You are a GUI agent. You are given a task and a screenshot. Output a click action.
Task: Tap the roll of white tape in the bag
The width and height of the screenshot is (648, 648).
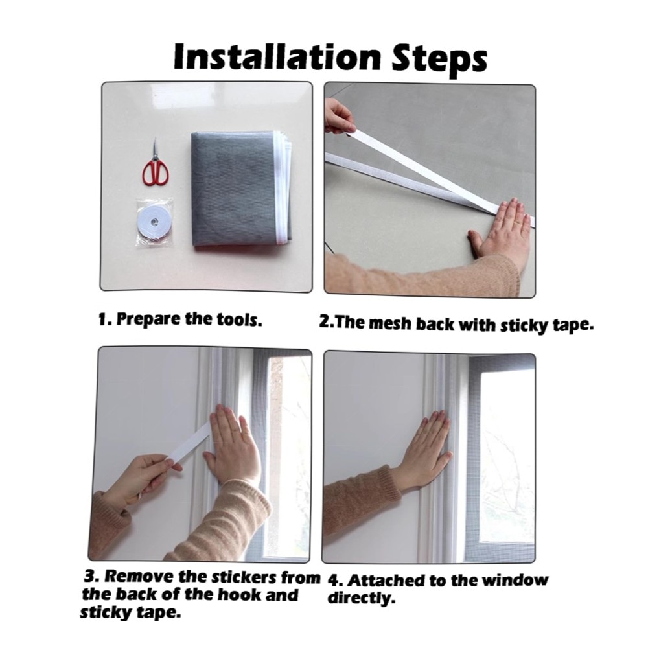click(154, 223)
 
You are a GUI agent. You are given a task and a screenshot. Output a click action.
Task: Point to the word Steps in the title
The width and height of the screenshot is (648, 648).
click(439, 59)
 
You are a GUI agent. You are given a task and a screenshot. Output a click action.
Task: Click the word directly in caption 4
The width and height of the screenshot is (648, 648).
click(362, 598)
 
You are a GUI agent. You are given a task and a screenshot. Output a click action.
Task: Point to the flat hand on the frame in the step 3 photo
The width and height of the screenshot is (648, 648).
click(232, 445)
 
